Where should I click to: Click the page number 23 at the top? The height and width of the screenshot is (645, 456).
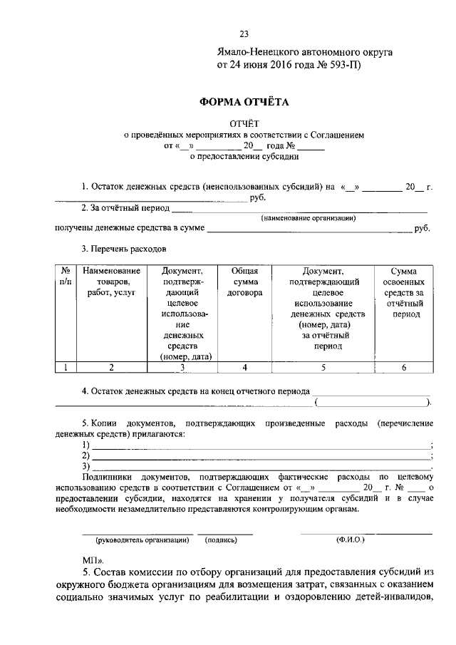pos(244,33)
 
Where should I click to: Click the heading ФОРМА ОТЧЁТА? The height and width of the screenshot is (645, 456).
pos(244,102)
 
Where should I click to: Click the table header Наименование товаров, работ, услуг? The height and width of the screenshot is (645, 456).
pos(111,282)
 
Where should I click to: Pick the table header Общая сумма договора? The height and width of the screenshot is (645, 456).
pos(244,282)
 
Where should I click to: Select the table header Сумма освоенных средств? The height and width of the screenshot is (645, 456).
pos(404,292)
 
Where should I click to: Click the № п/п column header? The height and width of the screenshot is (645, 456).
pos(65,277)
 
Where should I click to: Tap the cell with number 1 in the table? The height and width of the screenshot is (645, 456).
pos(65,368)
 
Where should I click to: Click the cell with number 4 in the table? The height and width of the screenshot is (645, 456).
pos(244,368)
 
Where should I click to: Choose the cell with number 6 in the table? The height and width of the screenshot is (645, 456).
pos(404,368)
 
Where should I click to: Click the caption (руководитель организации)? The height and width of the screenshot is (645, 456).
pos(138,540)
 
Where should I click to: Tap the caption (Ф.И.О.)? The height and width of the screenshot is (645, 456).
pos(350,540)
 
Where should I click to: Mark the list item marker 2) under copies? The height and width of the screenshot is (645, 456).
pos(86,455)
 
